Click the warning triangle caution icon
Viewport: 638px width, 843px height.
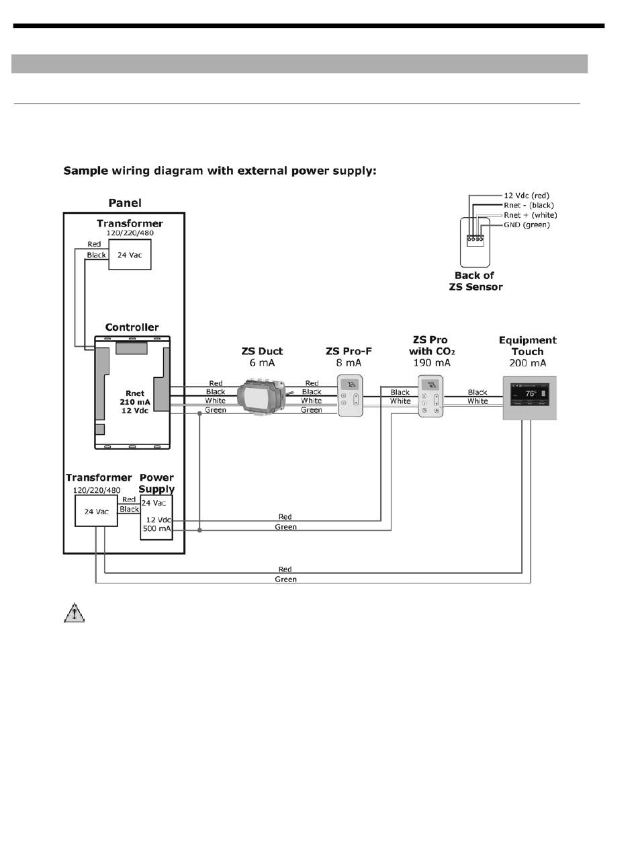click(75, 612)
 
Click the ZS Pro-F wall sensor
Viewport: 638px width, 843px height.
click(350, 396)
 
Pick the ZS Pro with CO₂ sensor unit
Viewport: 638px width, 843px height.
click(430, 397)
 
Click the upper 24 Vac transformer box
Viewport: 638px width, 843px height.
click(130, 255)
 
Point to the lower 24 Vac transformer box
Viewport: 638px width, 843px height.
click(96, 512)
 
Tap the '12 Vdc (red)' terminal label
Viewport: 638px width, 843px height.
click(527, 196)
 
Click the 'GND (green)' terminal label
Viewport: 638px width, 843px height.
click(527, 225)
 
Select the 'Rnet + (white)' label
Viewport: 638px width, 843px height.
click(530, 215)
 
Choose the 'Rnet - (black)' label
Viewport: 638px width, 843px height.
click(529, 205)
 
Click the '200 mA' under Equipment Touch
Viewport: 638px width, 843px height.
click(528, 363)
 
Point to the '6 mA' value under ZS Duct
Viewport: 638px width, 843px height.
click(262, 363)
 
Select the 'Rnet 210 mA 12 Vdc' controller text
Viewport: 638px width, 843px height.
click(135, 402)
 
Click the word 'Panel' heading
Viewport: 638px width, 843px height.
click(125, 203)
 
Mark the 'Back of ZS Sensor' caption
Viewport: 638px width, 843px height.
click(475, 281)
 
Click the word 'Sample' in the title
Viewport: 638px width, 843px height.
click(85, 171)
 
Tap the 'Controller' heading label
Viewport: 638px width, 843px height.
click(132, 327)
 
